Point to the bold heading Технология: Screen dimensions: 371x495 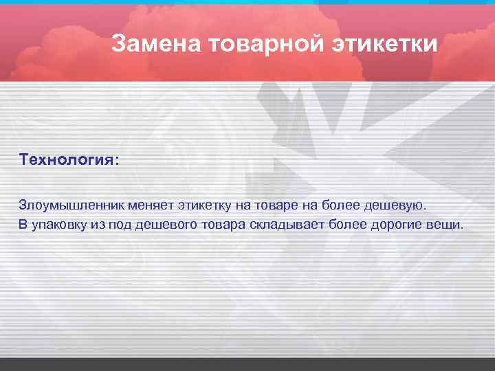tap(69, 159)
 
